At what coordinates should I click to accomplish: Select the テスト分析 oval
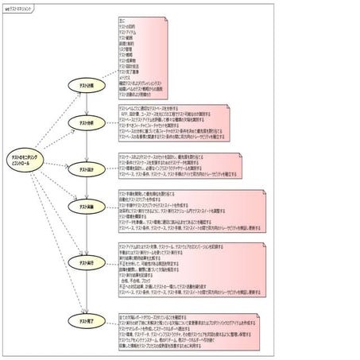[83, 125]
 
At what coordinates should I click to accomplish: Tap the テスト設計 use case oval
[83, 170]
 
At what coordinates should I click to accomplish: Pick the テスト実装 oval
[83, 207]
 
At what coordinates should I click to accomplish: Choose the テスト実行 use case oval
[83, 262]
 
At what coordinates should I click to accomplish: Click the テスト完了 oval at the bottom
[83, 320]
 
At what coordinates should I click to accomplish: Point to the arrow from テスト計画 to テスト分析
[83, 104]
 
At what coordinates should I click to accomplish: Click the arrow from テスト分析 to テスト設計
[83, 147]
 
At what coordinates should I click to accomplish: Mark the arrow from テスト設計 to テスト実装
[83, 189]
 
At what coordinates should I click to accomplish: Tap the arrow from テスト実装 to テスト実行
[83, 234]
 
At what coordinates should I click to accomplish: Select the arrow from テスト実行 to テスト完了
[83, 291]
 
